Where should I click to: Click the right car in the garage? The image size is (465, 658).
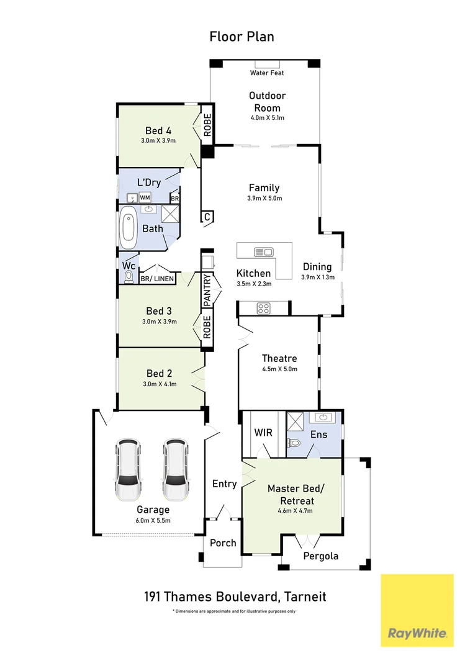click(x=175, y=470)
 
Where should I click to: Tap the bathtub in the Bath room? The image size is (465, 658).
click(x=129, y=228)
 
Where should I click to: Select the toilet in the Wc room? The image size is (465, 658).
click(x=129, y=277)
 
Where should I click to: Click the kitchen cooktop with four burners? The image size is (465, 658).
click(x=263, y=307)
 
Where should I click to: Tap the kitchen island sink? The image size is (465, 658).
click(x=264, y=252)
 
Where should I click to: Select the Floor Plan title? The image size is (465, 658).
click(x=242, y=37)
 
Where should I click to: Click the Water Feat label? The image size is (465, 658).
click(x=267, y=73)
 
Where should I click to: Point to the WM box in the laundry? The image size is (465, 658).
click(x=144, y=197)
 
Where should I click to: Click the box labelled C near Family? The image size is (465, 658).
click(x=207, y=217)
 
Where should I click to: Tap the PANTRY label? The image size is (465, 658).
click(x=208, y=290)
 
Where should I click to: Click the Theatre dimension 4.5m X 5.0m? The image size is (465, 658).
click(x=279, y=369)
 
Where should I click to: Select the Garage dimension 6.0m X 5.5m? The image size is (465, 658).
click(x=153, y=520)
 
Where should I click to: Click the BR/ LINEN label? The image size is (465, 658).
click(x=157, y=279)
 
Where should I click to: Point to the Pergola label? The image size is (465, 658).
click(x=320, y=556)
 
